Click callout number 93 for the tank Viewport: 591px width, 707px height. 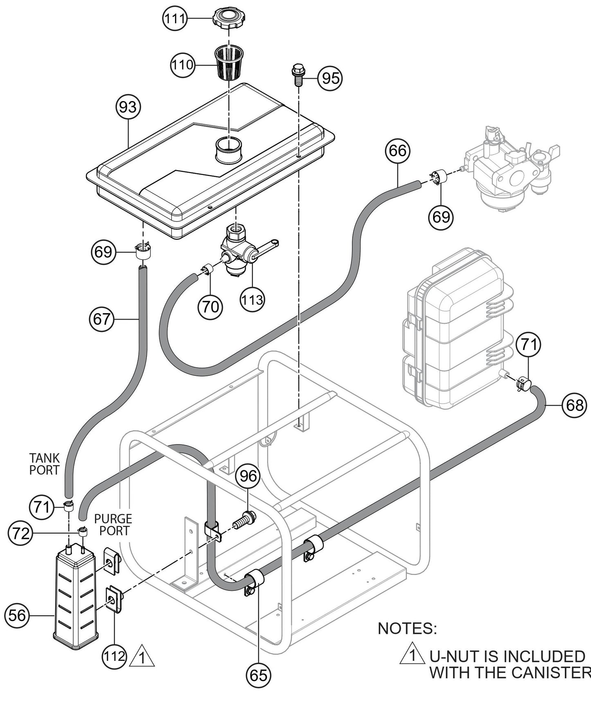[x=128, y=107]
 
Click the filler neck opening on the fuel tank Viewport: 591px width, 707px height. [x=229, y=150]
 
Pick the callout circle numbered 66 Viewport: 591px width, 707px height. [x=398, y=151]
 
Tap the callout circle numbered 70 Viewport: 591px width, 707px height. [x=211, y=307]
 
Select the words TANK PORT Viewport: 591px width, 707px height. [x=44, y=464]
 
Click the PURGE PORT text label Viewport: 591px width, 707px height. [x=113, y=525]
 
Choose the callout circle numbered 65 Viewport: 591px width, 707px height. [x=259, y=675]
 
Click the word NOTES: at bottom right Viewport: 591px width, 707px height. [x=407, y=628]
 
